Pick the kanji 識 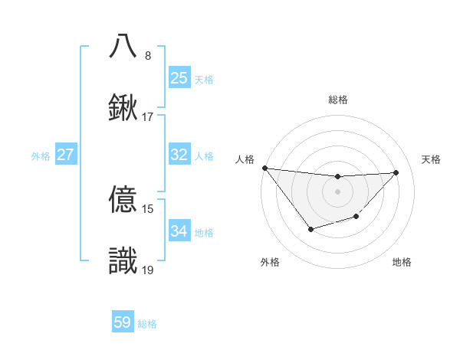pos(124,260)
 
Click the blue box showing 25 pos(179,77)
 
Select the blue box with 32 pos(179,155)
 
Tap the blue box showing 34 pos(179,231)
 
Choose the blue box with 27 pos(65,155)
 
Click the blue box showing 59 pos(123,322)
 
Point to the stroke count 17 pos(147,117)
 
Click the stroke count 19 pos(147,270)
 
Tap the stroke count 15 pos(147,209)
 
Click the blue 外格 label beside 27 pos(41,155)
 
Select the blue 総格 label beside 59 pos(147,324)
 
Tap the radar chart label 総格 pos(337,100)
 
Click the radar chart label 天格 pos(432,159)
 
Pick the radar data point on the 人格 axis pos(264,168)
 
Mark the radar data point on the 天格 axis pos(396,172)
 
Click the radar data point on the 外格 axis pos(310,229)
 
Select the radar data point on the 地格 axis pos(356,218)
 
